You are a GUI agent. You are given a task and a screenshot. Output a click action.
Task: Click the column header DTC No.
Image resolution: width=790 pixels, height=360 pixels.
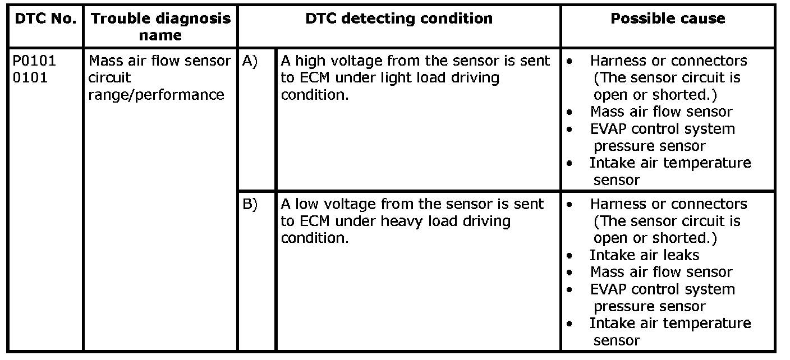click(45, 19)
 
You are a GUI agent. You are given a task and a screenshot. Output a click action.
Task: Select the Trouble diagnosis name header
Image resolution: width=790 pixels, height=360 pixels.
click(160, 27)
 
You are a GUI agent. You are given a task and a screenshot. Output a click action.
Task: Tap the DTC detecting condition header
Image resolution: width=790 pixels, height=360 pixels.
click(399, 19)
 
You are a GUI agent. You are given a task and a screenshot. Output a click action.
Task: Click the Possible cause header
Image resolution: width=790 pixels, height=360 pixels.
click(668, 19)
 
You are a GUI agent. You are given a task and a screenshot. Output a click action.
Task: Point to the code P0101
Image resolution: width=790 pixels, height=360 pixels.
click(34, 61)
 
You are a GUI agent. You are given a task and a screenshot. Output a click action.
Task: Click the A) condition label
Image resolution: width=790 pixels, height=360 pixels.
click(250, 61)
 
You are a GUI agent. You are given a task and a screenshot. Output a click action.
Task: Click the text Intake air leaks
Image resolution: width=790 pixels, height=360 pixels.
click(644, 255)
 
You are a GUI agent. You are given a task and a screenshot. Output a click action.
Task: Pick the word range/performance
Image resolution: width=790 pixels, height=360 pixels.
click(156, 95)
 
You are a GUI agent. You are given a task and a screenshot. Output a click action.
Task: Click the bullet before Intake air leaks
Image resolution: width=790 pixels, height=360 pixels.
click(569, 256)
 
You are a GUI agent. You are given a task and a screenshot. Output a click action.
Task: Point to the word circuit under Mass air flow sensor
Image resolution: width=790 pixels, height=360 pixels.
click(109, 77)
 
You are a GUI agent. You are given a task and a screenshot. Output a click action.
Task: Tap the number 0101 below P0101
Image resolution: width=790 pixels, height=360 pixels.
click(30, 77)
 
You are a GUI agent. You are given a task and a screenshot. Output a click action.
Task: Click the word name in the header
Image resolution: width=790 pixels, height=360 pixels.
click(160, 35)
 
